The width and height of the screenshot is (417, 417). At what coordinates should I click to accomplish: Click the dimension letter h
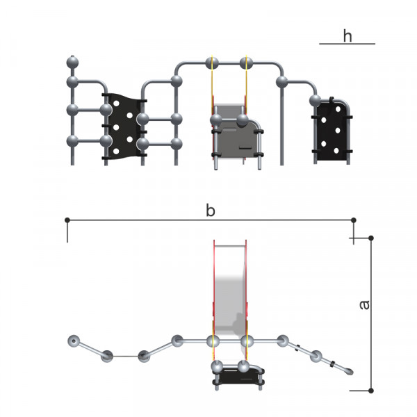347,36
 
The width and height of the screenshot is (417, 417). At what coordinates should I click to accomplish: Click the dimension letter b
211,211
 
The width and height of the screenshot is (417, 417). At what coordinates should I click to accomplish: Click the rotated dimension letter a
364,305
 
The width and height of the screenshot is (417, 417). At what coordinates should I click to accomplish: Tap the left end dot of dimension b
67,220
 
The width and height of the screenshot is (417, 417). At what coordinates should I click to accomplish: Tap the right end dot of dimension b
354,220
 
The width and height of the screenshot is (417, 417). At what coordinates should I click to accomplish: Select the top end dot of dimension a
371,238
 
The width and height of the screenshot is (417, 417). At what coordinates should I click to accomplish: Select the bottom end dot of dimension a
371,391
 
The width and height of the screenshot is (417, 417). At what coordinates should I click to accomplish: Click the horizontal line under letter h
347,44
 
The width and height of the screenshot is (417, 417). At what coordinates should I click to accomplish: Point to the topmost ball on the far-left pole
72,63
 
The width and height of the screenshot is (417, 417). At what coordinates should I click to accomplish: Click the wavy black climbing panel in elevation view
124,126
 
